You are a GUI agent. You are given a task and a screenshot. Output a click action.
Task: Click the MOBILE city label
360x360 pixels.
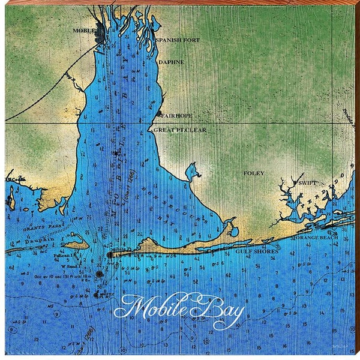point(84,30)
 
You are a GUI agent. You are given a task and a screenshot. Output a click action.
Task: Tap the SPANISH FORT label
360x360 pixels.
point(173,40)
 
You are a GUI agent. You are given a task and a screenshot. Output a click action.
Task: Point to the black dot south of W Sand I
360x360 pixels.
point(98,274)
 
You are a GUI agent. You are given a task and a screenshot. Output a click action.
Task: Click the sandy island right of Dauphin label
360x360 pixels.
point(76,244)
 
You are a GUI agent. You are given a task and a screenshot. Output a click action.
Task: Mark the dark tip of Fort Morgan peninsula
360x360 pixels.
point(110,254)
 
